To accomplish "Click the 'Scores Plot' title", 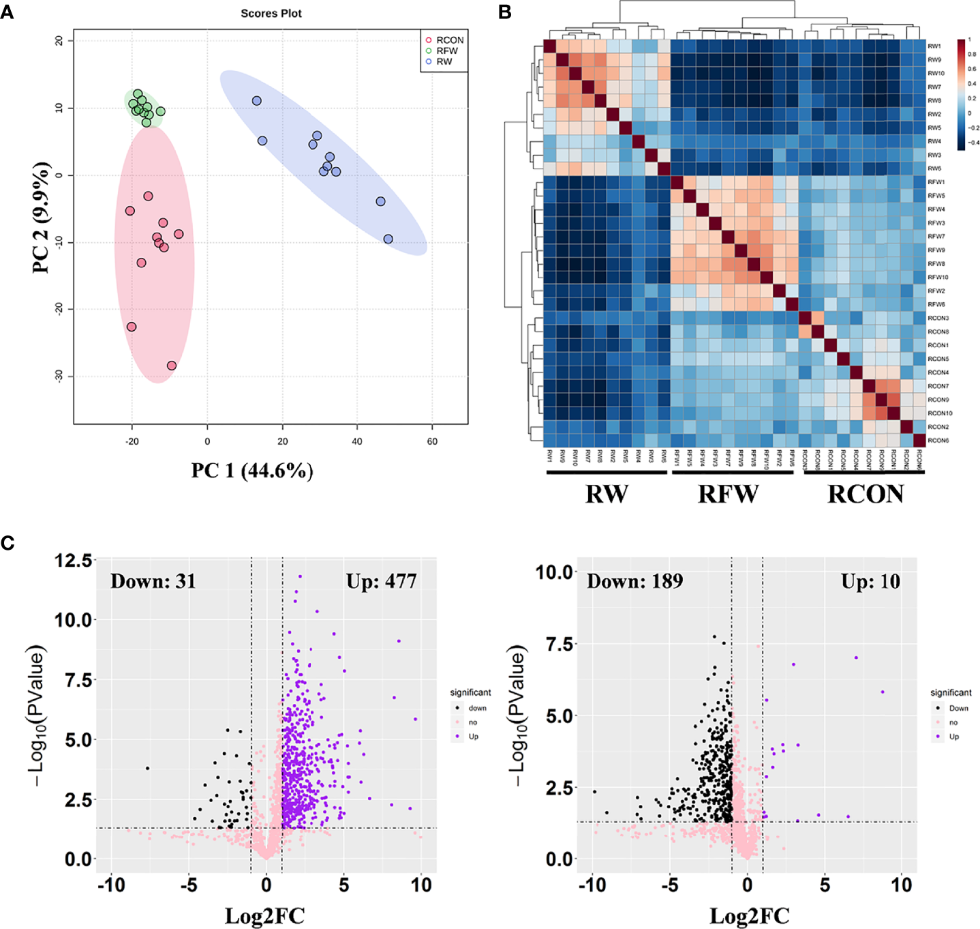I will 271,13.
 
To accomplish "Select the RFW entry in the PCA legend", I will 446,50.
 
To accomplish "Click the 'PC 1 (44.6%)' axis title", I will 252,471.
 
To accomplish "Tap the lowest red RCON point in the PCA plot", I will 172,366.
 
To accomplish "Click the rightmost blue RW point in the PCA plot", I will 388,239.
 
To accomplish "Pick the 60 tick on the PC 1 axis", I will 432,441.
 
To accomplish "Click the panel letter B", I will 505,12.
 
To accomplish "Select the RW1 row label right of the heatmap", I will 934,46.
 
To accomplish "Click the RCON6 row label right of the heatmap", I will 938,441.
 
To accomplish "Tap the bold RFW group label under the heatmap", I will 728,494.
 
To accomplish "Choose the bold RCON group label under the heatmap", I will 866,494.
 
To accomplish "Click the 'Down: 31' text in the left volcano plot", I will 153,581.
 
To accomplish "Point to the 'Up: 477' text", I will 381,581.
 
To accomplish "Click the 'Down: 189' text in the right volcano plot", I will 634,581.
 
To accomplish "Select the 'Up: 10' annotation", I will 870,581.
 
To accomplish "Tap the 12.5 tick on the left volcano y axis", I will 74,561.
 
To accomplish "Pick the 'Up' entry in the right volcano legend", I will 953,737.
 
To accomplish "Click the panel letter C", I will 7,543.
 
